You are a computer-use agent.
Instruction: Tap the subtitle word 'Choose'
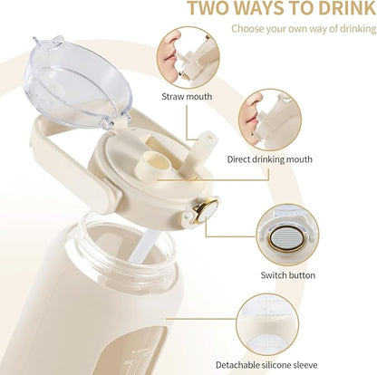[x=247, y=29]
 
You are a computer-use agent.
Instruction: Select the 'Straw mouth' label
[x=187, y=97]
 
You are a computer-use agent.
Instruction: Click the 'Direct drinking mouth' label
[x=269, y=159]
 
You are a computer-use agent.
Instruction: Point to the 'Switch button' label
[x=288, y=275]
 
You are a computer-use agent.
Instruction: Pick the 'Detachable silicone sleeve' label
[x=266, y=365]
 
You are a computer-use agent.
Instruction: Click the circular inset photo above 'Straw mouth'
[x=188, y=57]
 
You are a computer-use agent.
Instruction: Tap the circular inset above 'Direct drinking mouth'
[x=270, y=120]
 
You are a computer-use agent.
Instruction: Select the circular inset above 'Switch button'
[x=287, y=235]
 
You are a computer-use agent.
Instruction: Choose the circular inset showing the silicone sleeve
[x=267, y=324]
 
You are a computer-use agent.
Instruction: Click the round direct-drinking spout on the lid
[x=156, y=161]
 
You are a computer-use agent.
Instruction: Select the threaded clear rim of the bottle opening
[x=129, y=244]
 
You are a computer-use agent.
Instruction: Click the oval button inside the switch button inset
[x=287, y=239]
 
